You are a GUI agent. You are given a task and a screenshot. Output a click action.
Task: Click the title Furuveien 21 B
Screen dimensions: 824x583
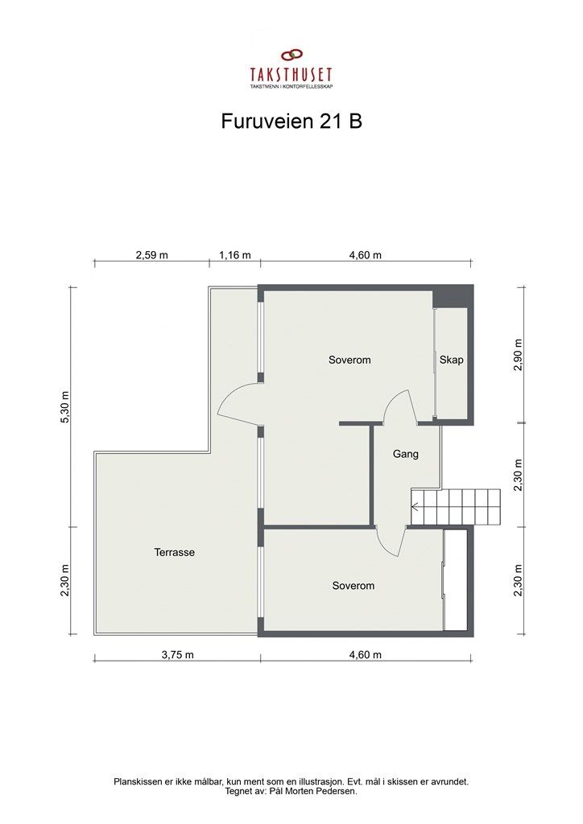coord(291,121)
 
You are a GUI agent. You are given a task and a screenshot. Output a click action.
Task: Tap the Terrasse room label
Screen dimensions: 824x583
coord(175,553)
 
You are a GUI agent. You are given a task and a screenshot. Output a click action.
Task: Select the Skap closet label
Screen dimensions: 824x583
coord(452,360)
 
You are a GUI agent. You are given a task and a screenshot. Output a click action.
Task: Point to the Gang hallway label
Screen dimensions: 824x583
coord(405,454)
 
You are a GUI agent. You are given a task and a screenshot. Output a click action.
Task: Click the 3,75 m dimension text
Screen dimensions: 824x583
coord(177,654)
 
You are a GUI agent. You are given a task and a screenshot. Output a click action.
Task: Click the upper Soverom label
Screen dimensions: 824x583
coord(349,360)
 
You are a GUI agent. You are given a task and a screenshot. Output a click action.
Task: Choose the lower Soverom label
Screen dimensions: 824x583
coord(354,586)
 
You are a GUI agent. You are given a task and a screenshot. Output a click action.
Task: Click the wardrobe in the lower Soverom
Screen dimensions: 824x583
coord(457,580)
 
